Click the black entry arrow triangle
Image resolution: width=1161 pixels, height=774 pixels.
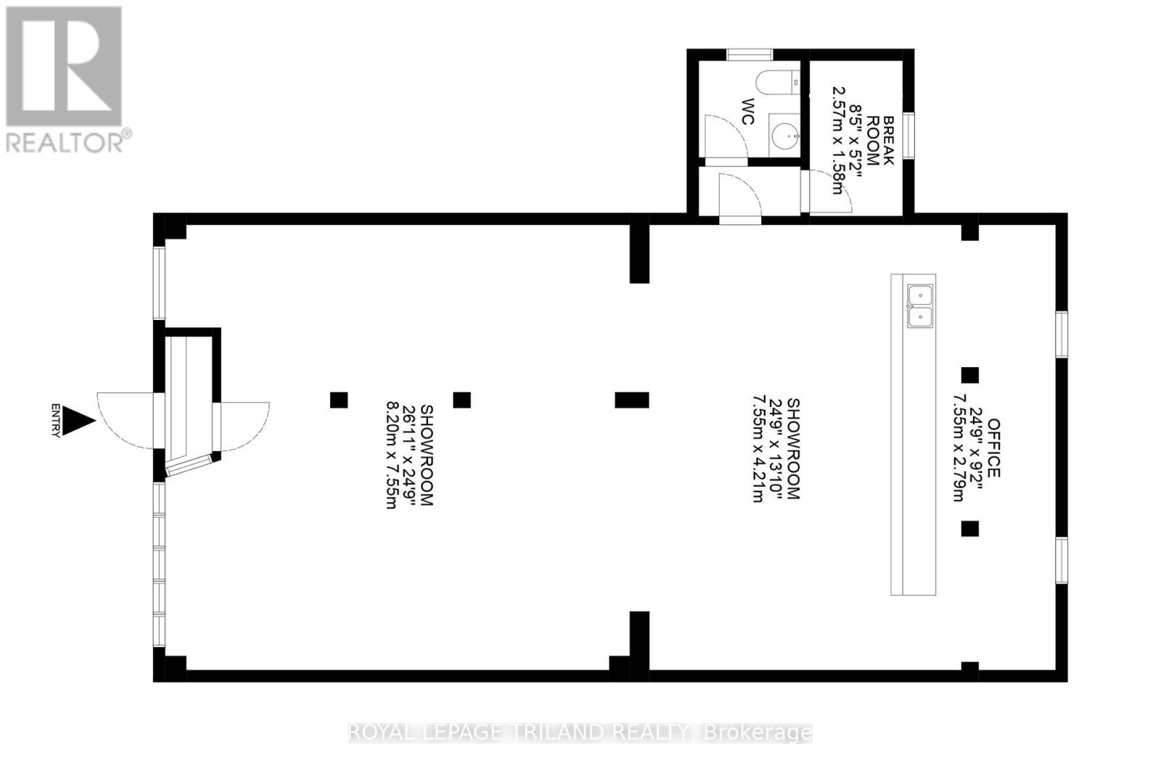click(x=77, y=421)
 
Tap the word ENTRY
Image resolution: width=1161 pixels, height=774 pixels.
click(x=56, y=421)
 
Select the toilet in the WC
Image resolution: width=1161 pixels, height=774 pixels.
click(x=777, y=83)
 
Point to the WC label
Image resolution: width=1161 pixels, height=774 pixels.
click(x=748, y=112)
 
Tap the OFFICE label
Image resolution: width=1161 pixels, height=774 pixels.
click(x=993, y=448)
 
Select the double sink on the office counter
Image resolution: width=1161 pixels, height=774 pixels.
click(x=919, y=306)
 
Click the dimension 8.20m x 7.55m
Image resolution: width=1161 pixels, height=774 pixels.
click(x=391, y=456)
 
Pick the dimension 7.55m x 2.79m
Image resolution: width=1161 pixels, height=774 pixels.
click(x=959, y=448)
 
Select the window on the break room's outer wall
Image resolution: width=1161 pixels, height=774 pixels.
click(x=908, y=133)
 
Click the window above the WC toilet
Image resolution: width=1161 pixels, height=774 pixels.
click(x=750, y=54)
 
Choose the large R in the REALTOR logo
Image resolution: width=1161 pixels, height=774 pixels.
click(x=64, y=66)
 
